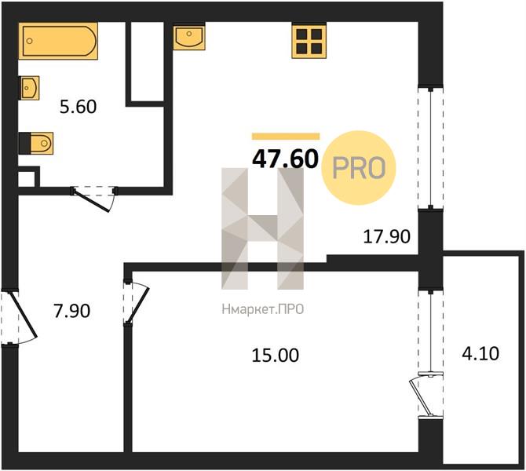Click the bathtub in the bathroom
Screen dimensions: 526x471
[58, 41]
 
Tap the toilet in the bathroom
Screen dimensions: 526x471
[36, 143]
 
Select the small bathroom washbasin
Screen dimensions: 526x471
[30, 88]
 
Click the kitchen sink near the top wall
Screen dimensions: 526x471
[189, 36]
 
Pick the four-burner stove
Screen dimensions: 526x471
[309, 40]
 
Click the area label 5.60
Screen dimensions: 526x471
[79, 107]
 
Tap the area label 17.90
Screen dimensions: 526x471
[387, 236]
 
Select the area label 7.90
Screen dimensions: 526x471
[72, 311]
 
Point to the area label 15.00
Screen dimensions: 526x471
[276, 356]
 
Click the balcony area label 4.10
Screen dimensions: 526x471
[480, 353]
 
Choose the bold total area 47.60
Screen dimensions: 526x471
[285, 159]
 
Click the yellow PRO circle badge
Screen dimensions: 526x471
[359, 168]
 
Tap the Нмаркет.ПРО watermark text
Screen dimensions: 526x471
[263, 309]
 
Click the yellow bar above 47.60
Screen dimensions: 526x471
[286, 137]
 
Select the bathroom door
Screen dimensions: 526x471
[94, 199]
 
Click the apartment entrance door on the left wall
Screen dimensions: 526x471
[19, 317]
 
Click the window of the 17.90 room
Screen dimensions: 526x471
[430, 148]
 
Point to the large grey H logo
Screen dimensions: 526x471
[262, 228]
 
